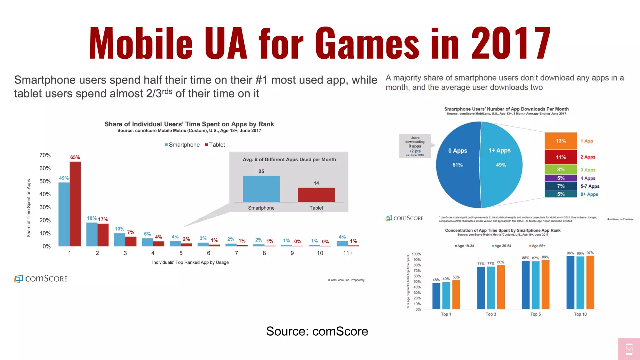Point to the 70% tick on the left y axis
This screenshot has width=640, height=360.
coord(45,155)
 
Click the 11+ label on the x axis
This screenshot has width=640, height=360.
coord(348,253)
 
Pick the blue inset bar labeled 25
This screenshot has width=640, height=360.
coord(261,189)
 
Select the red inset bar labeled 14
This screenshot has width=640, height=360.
coord(316,195)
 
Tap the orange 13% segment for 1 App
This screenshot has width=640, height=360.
coord(561,141)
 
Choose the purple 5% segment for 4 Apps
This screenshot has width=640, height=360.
coord(561,178)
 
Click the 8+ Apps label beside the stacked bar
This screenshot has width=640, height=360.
coord(589,194)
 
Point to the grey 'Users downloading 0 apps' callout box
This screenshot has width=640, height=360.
coord(415,146)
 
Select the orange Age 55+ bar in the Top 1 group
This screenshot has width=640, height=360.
coord(456,294)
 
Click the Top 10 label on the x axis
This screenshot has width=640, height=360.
coord(580,314)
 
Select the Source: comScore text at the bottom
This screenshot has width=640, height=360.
coord(317,331)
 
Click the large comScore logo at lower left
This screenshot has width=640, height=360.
coord(41,278)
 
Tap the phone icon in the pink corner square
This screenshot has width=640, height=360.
coord(629,349)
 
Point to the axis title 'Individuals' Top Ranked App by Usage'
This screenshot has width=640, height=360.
coord(190,262)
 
